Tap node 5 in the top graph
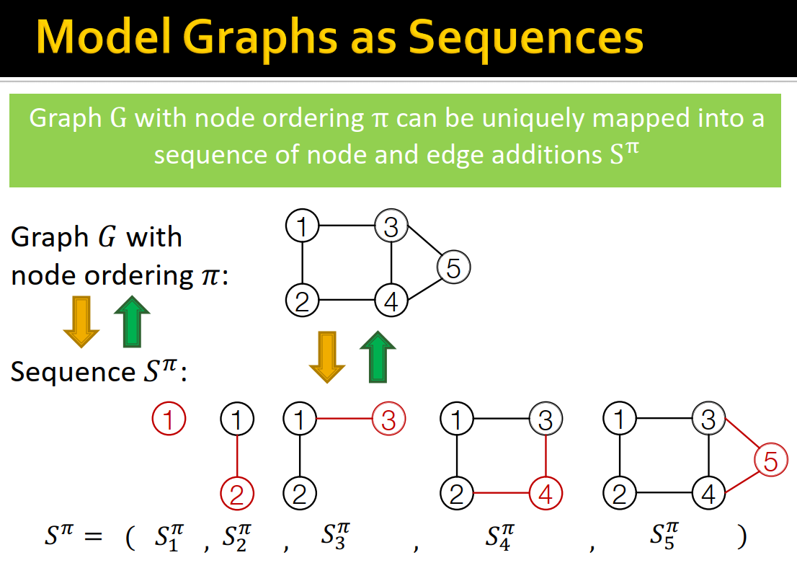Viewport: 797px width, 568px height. pos(453,268)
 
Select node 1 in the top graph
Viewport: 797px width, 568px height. pos(302,226)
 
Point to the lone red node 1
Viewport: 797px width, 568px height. pos(169,419)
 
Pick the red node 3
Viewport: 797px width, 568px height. pos(389,420)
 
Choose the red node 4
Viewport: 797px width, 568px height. pos(546,494)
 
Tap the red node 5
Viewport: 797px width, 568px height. pos(770,461)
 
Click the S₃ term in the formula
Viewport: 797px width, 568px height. pos(333,537)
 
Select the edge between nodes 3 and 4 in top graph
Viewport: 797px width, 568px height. pos(391,265)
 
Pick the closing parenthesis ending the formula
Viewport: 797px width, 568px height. pos(741,538)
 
